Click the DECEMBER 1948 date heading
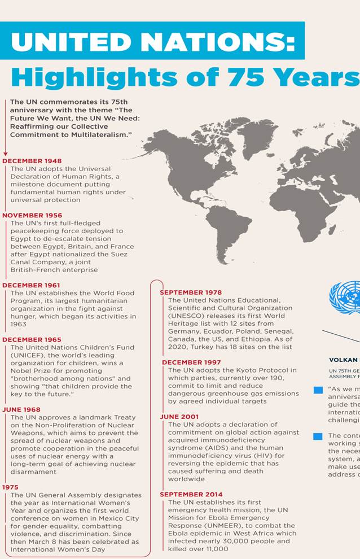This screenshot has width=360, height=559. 32,161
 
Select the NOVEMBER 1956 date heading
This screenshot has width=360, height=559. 32,215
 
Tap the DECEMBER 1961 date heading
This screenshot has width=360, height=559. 31,285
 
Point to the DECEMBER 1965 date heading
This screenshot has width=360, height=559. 31,339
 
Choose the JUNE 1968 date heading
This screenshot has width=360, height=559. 21,409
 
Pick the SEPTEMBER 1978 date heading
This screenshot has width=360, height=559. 191,292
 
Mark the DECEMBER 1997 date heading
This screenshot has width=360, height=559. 191,362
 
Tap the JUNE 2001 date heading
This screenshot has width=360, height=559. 179,417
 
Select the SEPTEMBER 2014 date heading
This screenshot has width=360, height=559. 191,495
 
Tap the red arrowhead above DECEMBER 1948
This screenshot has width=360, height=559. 5,153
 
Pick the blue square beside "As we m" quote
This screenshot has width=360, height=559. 318,390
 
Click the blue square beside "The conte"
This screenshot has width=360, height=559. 318,436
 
